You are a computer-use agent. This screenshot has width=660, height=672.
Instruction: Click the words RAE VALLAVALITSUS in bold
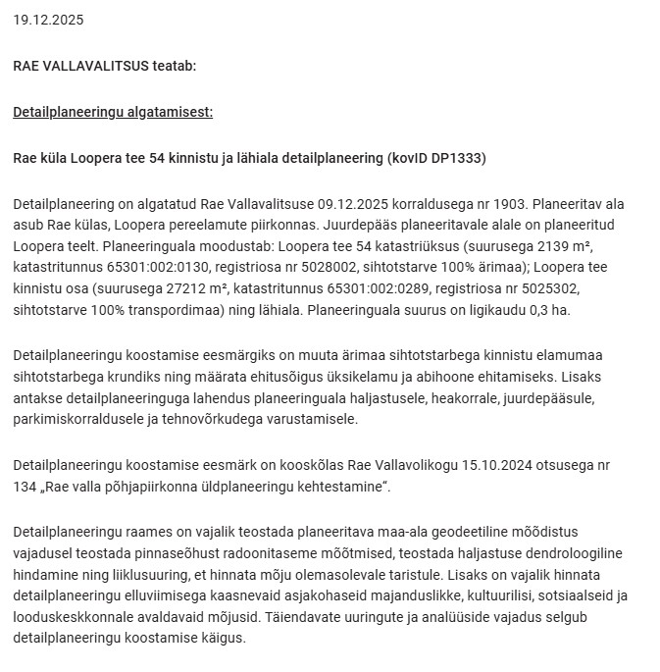click(x=80, y=66)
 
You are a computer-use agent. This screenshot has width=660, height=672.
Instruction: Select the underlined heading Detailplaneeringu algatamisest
click(x=113, y=112)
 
